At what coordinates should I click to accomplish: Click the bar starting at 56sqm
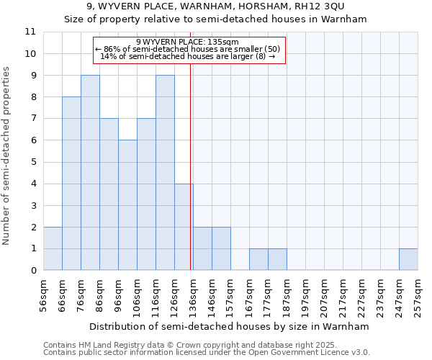tap(53, 248)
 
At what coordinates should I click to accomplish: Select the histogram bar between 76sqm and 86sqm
tap(90, 173)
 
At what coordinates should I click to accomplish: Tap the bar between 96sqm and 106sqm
tap(127, 205)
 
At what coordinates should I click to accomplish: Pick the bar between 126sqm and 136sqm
tap(184, 227)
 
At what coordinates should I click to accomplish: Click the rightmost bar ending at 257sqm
tap(408, 259)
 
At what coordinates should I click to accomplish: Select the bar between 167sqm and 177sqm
tap(258, 259)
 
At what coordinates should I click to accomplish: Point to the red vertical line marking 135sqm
tap(190, 180)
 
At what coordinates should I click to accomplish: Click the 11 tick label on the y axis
tap(30, 32)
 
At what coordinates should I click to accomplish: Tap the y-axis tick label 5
tap(33, 162)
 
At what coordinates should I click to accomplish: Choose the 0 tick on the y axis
tap(33, 271)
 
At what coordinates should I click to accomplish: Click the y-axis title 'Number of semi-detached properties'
tap(7, 156)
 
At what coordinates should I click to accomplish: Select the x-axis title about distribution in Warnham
tap(230, 326)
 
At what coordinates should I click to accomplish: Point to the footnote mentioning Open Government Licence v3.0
tap(207, 353)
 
